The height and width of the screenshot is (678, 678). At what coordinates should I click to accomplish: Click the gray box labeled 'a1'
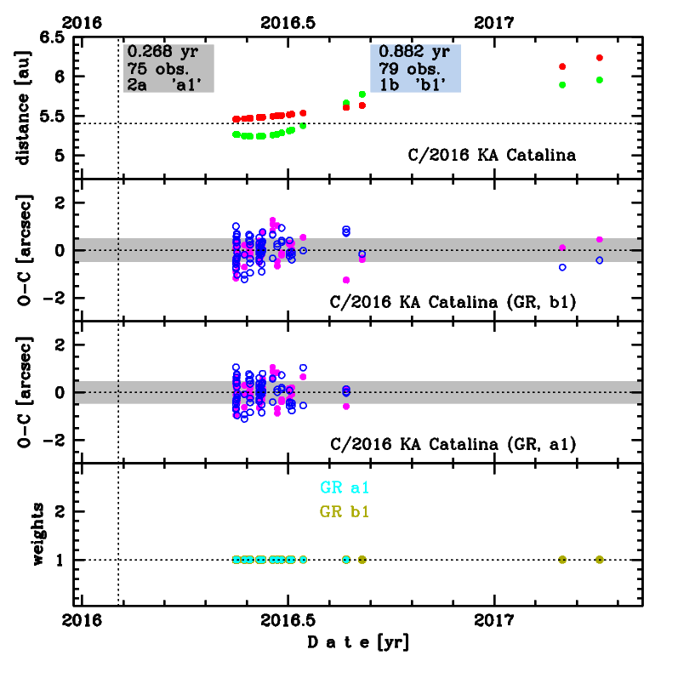tap(168, 67)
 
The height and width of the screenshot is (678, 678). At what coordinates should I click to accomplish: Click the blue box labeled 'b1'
tap(416, 67)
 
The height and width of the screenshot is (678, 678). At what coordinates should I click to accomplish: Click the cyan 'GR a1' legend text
tap(345, 488)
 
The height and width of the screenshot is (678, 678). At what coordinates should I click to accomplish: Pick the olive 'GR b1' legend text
tap(345, 512)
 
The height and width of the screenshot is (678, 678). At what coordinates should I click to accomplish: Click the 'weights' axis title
tap(38, 533)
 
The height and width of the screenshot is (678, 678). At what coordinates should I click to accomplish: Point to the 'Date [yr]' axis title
tap(357, 642)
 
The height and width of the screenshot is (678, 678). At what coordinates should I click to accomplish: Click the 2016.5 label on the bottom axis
tap(288, 619)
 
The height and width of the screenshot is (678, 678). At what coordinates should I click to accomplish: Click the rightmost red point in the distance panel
tap(600, 58)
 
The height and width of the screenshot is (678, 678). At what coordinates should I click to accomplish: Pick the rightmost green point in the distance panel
tap(600, 80)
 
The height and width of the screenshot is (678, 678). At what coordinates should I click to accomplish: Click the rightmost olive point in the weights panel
tap(600, 560)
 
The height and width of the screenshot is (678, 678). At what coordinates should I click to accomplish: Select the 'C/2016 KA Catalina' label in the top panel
tap(490, 156)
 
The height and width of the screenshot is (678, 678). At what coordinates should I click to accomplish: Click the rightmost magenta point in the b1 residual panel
tap(600, 240)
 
